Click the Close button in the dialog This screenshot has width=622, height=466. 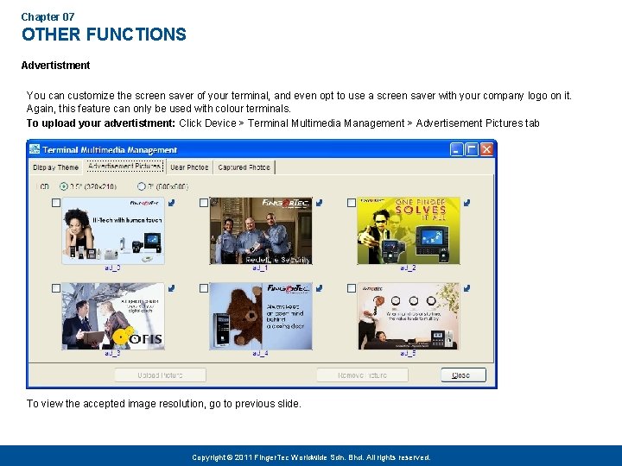[x=463, y=375]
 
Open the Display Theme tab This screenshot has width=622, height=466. [x=56, y=167]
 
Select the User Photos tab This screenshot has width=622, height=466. [x=189, y=167]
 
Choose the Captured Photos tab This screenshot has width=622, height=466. [x=244, y=167]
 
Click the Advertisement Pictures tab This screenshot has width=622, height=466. [x=124, y=167]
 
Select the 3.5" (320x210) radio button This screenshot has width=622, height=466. [x=64, y=186]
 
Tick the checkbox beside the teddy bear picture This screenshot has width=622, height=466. [x=204, y=288]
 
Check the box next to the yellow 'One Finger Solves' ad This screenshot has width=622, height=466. [x=352, y=203]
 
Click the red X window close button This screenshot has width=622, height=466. [x=487, y=149]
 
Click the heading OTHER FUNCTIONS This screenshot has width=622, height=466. [x=104, y=35]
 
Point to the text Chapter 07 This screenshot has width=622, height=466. [x=48, y=16]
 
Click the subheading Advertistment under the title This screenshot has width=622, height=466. [x=55, y=65]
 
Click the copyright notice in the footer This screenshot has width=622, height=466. [x=311, y=457]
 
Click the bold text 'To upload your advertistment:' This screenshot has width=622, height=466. [x=100, y=123]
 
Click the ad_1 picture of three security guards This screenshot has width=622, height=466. [x=260, y=230]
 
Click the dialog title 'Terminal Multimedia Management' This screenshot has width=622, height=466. [x=110, y=149]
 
